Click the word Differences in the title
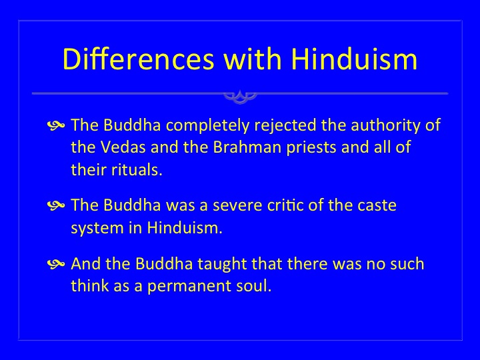(x=138, y=59)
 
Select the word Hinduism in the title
(x=354, y=59)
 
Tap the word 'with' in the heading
(x=252, y=59)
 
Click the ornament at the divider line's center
(x=240, y=96)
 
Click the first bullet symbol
(x=56, y=125)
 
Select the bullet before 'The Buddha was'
(x=56, y=206)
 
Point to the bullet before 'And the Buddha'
(x=56, y=264)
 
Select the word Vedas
(x=123, y=147)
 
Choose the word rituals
(x=137, y=170)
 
